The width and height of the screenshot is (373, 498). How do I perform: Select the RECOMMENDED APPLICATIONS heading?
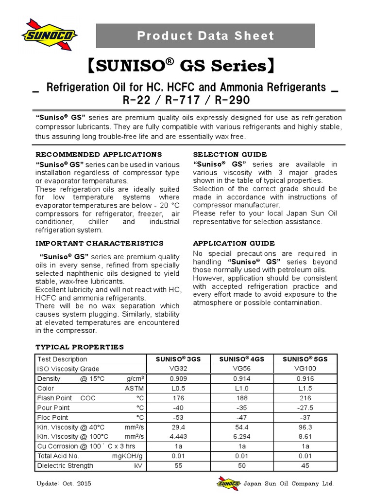tap(99, 155)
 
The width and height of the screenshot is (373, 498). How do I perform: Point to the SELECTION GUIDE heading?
tap(230, 155)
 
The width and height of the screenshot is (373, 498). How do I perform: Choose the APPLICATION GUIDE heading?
tap(234, 243)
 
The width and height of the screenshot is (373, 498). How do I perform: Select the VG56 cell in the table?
tap(242, 369)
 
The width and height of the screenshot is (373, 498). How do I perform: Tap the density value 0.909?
tap(178, 378)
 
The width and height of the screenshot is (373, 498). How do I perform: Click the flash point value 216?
tap(305, 398)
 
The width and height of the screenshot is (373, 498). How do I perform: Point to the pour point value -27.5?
tap(305, 408)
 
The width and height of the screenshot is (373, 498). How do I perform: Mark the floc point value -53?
tap(178, 417)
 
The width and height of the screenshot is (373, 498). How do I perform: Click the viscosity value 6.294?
tap(242, 436)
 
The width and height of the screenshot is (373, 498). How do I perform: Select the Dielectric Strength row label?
tap(65, 465)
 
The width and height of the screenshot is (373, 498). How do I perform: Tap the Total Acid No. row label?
tap(58, 456)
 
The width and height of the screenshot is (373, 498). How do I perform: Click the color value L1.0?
tap(242, 388)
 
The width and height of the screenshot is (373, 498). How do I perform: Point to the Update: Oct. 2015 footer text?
tap(64, 484)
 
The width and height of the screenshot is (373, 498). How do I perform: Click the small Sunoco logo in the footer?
tap(228, 484)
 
